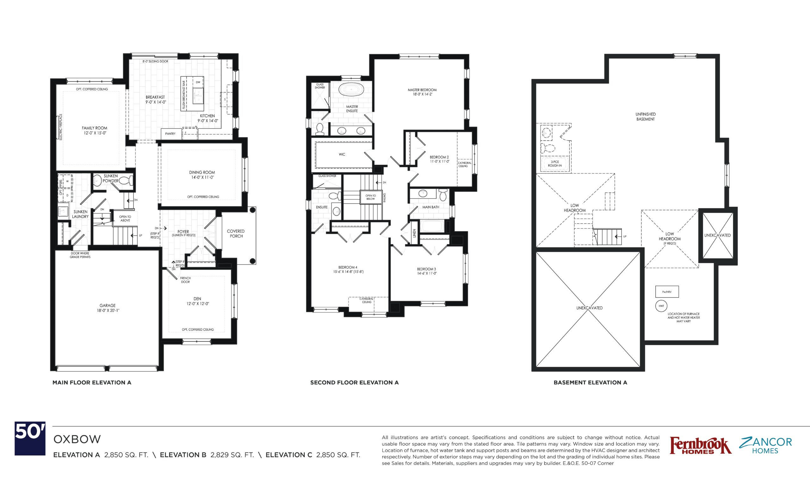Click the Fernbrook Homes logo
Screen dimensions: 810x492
(x=701, y=445)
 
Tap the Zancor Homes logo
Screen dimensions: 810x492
(x=766, y=445)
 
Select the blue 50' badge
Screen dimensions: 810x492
(x=30, y=438)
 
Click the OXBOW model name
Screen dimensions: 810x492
(x=77, y=439)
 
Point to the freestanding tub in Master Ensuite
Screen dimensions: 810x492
(x=351, y=89)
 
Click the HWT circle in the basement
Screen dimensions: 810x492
(x=661, y=306)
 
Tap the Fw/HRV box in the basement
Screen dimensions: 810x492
(x=667, y=292)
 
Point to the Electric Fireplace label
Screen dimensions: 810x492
(x=60, y=127)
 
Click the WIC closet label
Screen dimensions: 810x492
(x=342, y=154)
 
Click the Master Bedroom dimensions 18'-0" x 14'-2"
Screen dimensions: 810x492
(x=422, y=94)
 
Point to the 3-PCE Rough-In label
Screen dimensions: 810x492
(x=555, y=164)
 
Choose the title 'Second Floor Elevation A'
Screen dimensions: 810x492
(x=354, y=382)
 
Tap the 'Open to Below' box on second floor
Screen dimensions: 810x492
(x=371, y=197)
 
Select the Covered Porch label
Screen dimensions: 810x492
(x=236, y=234)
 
